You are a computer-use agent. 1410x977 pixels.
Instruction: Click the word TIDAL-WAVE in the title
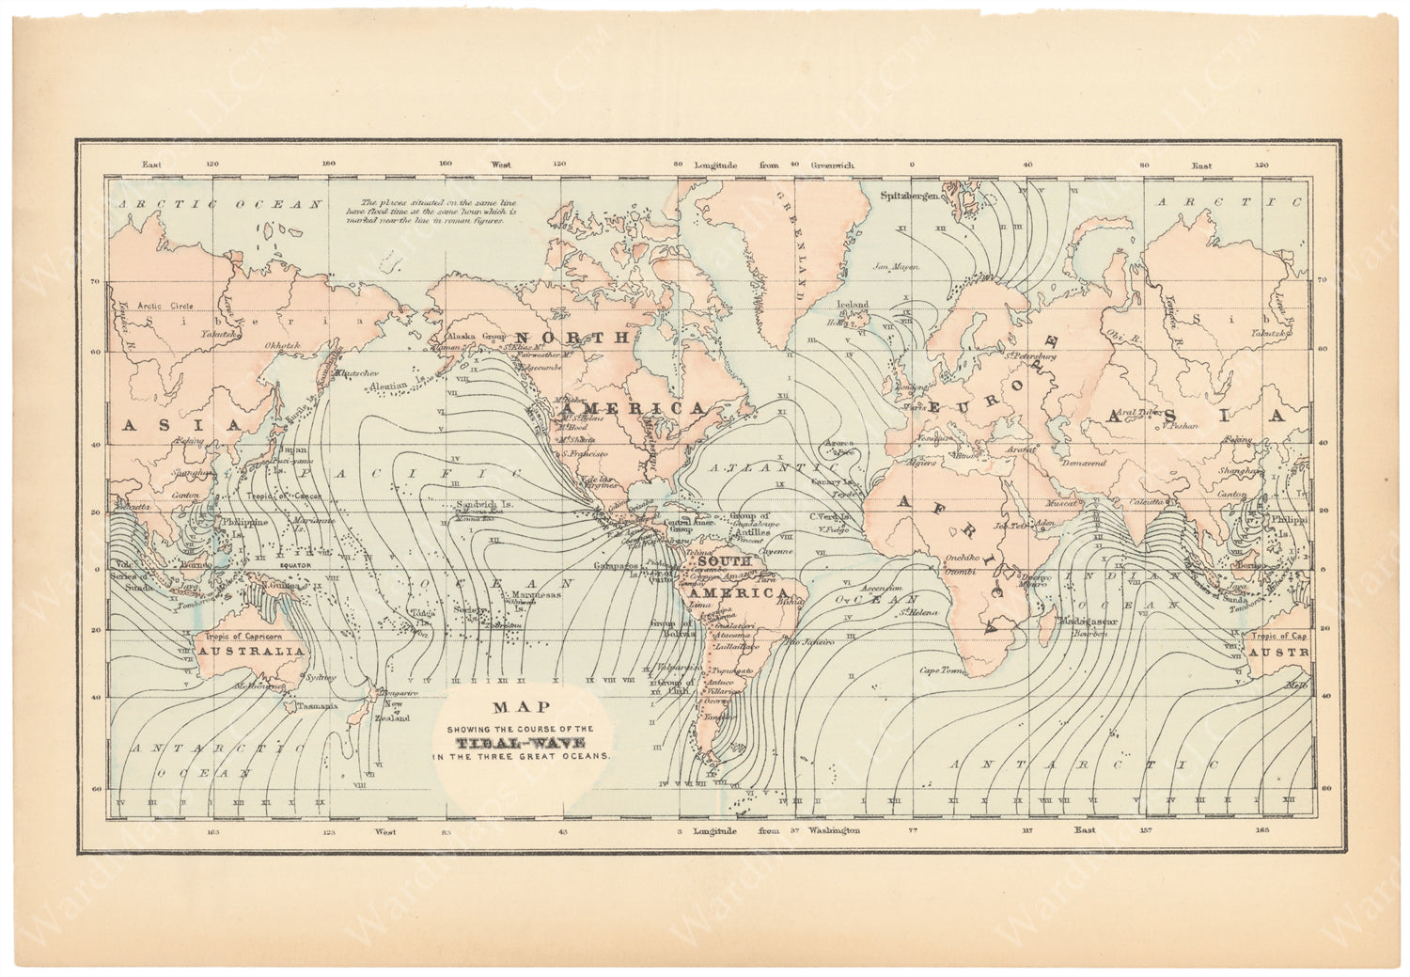(522, 742)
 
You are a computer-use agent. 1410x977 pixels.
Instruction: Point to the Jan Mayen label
(894, 266)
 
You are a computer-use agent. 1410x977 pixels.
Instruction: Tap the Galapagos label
(616, 566)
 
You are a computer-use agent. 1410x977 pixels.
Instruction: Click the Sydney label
(321, 676)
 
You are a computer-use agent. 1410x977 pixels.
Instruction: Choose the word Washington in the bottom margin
(833, 831)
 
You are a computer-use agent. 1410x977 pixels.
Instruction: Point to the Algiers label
(921, 463)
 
